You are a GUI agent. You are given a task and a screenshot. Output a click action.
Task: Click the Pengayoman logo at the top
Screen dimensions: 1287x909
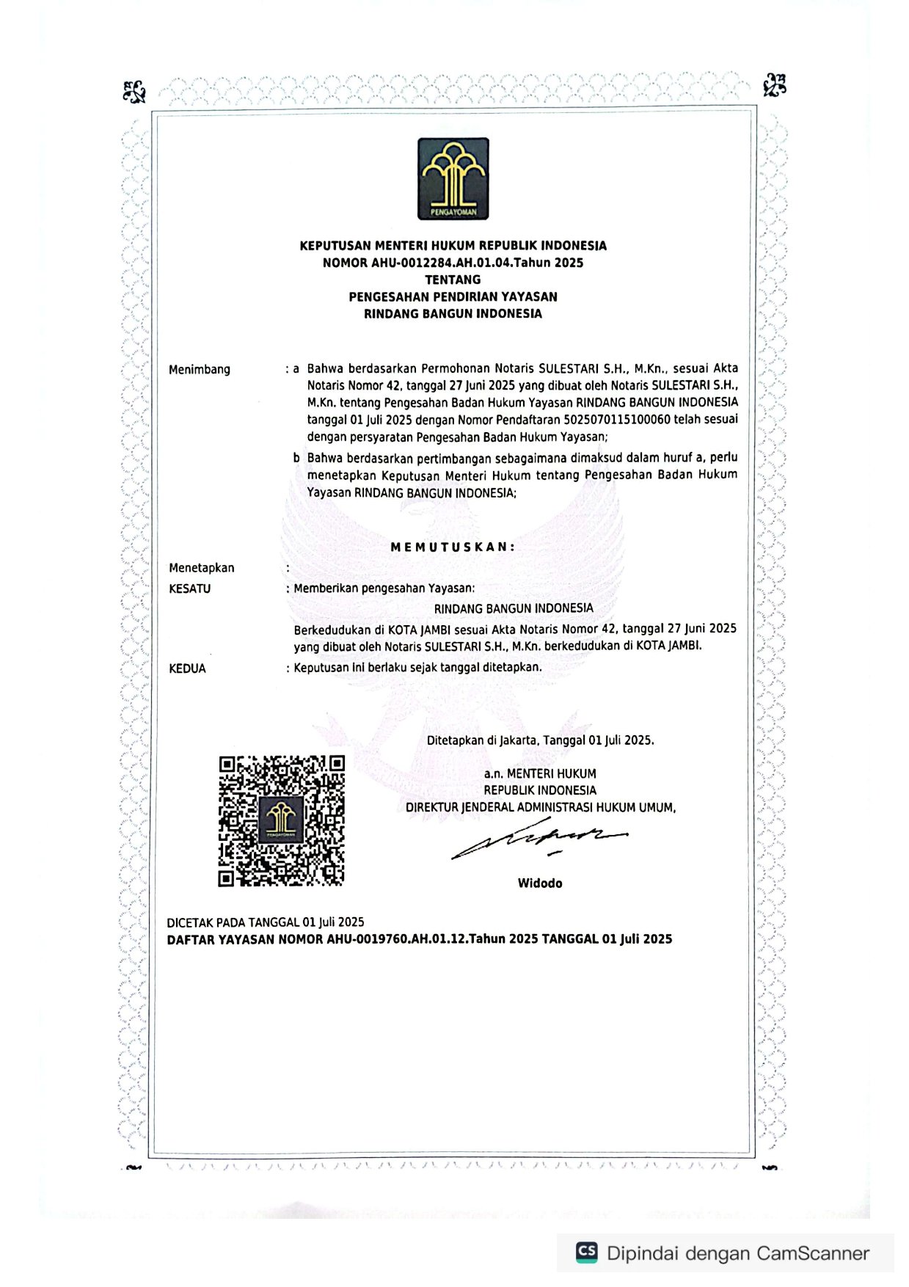point(453,179)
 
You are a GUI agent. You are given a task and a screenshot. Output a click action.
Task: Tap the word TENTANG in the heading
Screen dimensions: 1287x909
point(453,280)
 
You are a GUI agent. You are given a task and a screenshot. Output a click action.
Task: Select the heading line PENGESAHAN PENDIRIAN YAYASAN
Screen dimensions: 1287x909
point(453,296)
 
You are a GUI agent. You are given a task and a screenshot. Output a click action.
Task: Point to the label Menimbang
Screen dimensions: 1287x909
point(200,369)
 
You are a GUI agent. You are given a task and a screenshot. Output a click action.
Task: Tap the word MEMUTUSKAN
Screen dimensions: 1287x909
point(453,547)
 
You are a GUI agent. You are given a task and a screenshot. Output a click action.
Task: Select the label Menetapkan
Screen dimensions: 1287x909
point(202,567)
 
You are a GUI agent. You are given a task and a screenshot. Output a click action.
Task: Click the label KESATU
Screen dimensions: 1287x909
point(189,588)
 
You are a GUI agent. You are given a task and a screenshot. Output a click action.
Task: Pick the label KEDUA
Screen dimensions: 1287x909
point(187,668)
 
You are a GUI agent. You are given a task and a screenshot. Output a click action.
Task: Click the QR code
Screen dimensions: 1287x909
point(282,820)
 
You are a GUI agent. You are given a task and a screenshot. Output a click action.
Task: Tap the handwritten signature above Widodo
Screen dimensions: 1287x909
point(539,840)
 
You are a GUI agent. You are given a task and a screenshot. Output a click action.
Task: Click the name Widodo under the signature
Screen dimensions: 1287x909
point(540,883)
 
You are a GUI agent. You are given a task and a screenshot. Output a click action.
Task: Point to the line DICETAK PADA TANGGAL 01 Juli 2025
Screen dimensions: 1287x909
point(266,922)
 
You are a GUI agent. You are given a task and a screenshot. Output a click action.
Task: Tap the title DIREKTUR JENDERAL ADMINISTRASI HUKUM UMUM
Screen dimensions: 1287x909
point(540,807)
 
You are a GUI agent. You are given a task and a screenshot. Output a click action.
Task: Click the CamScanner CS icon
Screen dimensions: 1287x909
point(587,1253)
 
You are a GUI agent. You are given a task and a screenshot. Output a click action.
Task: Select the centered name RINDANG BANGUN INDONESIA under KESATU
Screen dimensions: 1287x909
point(514,608)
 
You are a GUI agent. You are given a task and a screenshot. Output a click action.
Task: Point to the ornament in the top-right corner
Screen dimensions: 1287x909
point(775,85)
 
